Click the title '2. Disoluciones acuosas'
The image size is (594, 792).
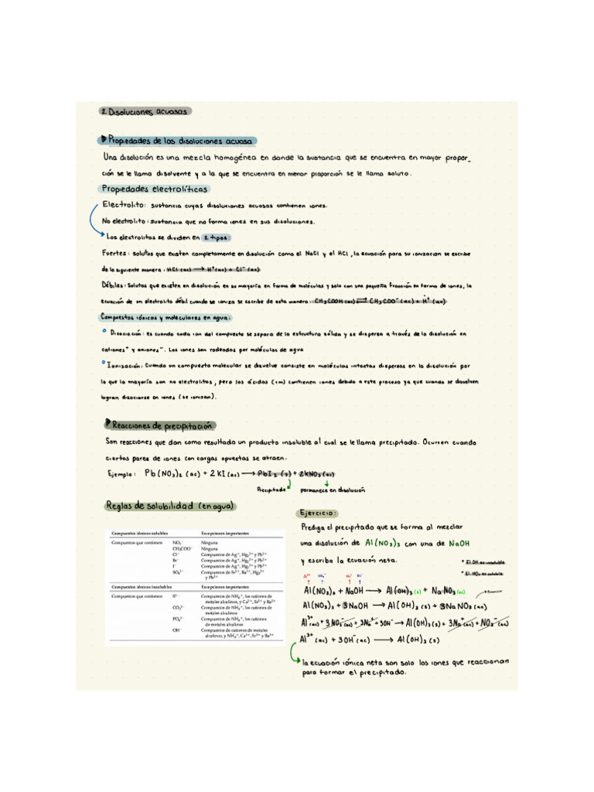pos(144,111)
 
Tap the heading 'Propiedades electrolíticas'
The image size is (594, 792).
pos(154,189)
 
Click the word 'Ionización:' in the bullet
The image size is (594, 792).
pos(125,364)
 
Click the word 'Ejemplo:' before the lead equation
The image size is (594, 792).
pos(121,474)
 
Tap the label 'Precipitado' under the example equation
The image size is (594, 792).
pos(271,490)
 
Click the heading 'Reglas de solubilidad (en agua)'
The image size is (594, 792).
pos(170,505)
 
